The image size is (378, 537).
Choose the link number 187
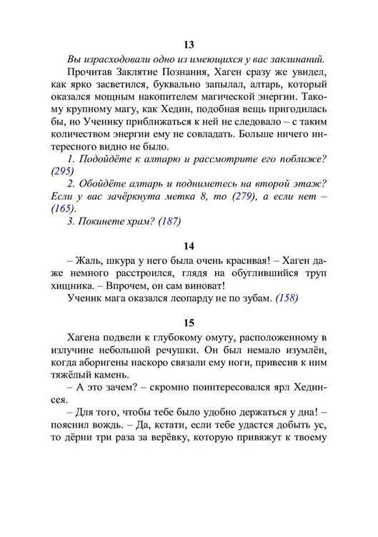click(169, 220)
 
